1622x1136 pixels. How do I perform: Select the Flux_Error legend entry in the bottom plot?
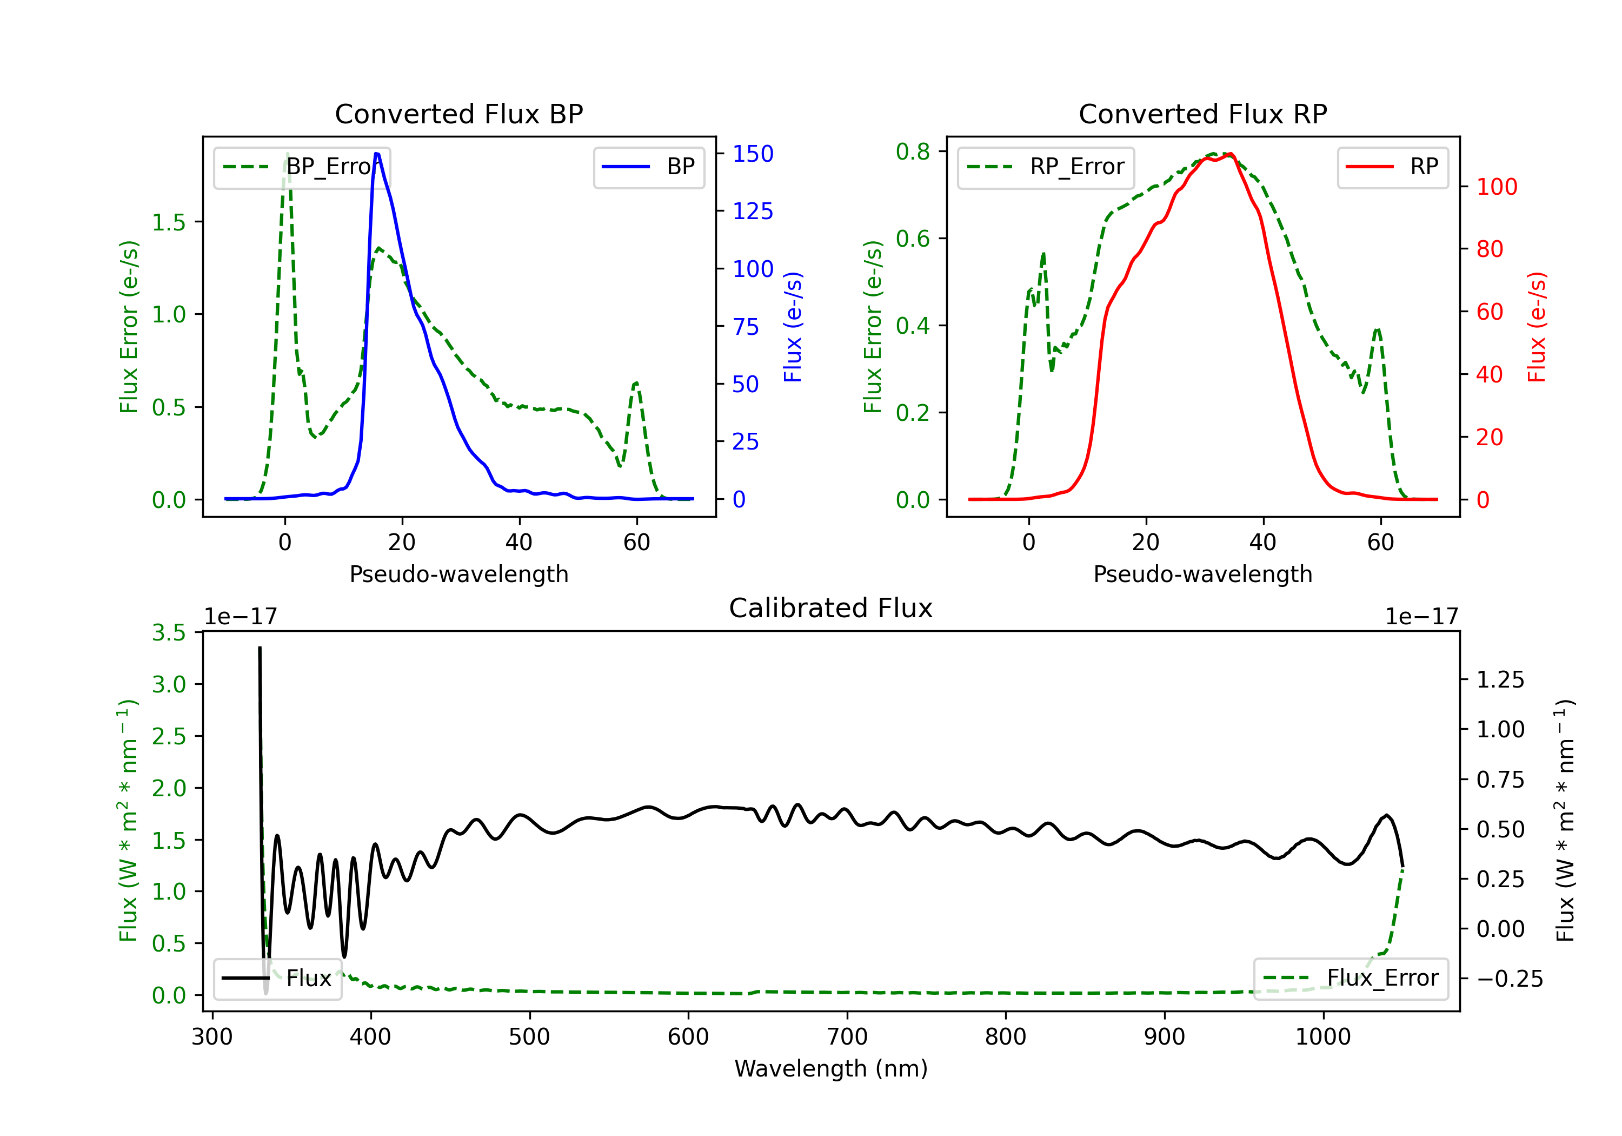click(1351, 979)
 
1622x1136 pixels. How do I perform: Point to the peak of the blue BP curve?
click(376, 154)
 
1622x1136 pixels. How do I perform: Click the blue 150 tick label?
click(753, 154)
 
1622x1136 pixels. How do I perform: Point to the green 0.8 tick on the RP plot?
click(913, 152)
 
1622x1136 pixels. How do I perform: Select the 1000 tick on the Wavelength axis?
click(1322, 1037)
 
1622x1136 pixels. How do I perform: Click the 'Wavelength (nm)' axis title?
click(831, 1069)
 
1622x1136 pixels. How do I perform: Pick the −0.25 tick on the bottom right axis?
click(1510, 979)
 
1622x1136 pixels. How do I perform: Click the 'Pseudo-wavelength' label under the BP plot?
click(458, 574)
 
